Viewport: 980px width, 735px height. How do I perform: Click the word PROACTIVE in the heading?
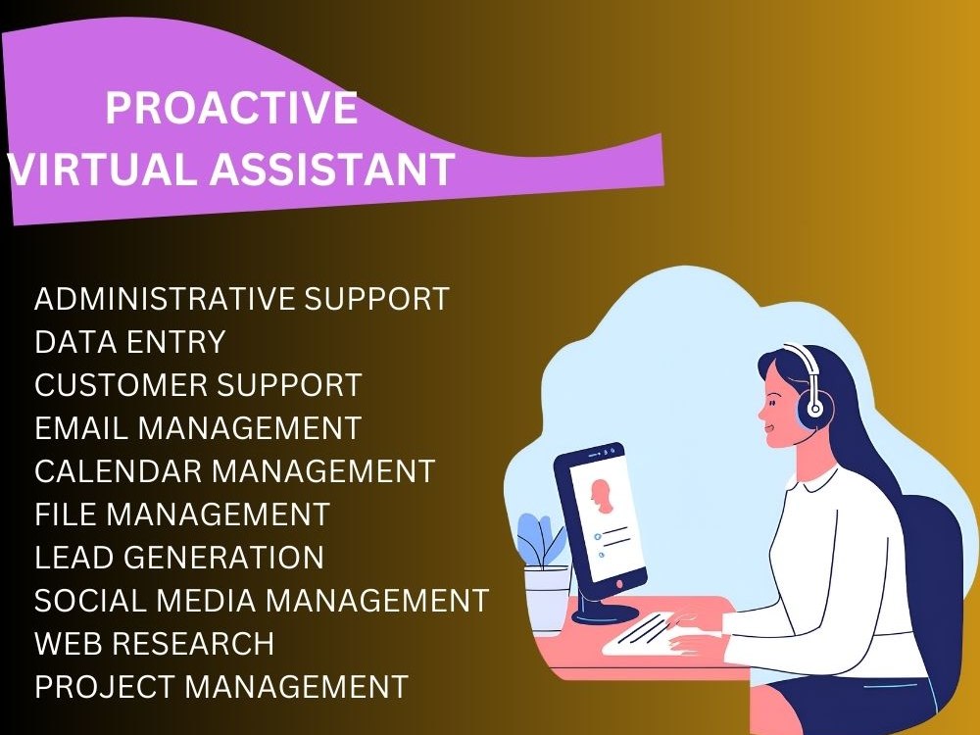pos(231,108)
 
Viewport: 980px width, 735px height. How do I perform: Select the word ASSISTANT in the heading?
pos(331,170)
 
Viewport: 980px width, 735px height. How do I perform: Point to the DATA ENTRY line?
pos(130,342)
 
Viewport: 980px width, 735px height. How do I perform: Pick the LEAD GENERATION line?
pos(179,558)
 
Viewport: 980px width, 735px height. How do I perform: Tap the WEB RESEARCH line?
pos(154,644)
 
